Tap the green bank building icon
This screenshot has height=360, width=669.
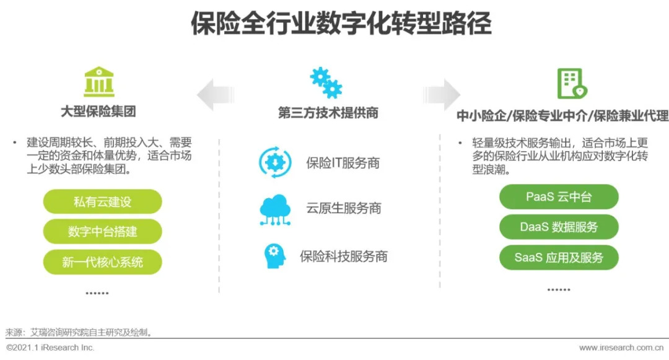tap(99, 82)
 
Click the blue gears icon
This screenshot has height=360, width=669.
tap(326, 82)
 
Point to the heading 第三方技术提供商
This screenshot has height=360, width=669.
tap(328, 113)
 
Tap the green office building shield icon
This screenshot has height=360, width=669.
tap(571, 84)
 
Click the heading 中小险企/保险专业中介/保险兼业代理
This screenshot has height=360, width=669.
tap(562, 116)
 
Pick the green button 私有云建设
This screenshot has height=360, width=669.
tap(102, 202)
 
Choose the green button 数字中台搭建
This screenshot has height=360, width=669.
tap(102, 232)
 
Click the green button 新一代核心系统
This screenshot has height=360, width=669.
tap(102, 261)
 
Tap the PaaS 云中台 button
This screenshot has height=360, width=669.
tap(559, 197)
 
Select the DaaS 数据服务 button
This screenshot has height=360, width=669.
tap(559, 227)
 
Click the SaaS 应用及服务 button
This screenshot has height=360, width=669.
tap(559, 257)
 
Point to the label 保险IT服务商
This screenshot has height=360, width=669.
tap(343, 163)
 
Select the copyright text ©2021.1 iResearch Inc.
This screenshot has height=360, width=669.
tap(50, 348)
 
